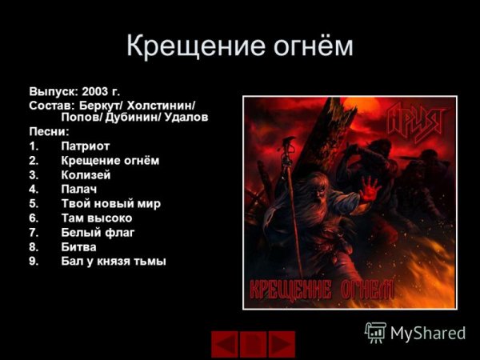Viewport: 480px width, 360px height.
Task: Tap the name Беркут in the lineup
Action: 102,105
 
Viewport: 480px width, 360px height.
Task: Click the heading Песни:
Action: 49,131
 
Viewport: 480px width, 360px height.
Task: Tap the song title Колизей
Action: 85,174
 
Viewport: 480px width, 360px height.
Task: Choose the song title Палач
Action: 78,189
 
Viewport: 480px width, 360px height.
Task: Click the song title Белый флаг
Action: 98,232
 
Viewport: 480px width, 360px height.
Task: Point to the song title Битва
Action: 78,246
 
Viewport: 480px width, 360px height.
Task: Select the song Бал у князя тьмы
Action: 113,261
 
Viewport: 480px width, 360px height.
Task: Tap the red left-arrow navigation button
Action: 225,344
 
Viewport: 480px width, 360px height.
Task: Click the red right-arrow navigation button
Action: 282,344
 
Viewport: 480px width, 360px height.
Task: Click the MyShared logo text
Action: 427,332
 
